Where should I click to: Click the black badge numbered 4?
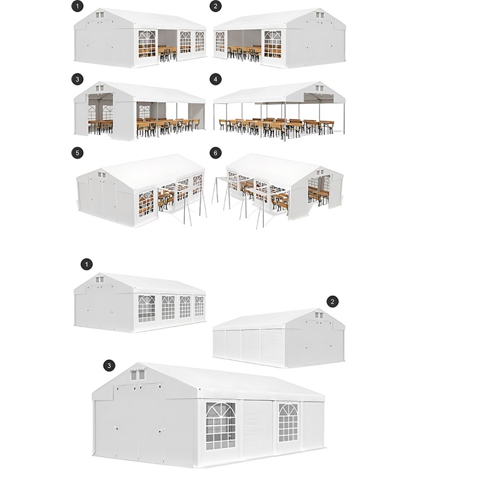(216, 79)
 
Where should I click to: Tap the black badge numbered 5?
(77, 153)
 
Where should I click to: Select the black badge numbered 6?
(216, 153)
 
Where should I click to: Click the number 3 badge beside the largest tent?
(109, 366)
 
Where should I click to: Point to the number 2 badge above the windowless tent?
(333, 301)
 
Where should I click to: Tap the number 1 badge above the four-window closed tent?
(86, 264)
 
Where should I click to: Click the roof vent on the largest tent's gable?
(138, 374)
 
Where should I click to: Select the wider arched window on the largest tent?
(220, 426)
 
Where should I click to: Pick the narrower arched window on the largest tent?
(289, 423)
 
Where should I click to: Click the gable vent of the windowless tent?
(319, 315)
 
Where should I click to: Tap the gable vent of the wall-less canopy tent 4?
(319, 88)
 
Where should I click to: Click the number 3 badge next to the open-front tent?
(77, 79)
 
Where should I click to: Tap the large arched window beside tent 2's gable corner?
(273, 44)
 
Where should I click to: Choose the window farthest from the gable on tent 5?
(197, 184)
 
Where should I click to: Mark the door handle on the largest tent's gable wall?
(115, 428)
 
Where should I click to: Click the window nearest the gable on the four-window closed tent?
(147, 309)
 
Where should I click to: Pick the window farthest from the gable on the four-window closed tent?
(199, 306)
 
